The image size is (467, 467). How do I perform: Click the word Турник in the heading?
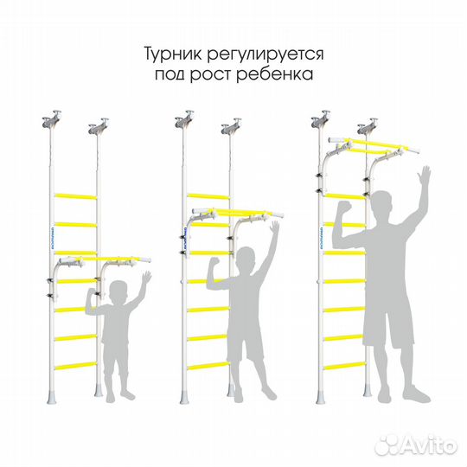tap(174, 54)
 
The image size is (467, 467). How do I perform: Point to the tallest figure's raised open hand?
tap(423, 180)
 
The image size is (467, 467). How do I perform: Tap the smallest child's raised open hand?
tap(146, 278)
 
